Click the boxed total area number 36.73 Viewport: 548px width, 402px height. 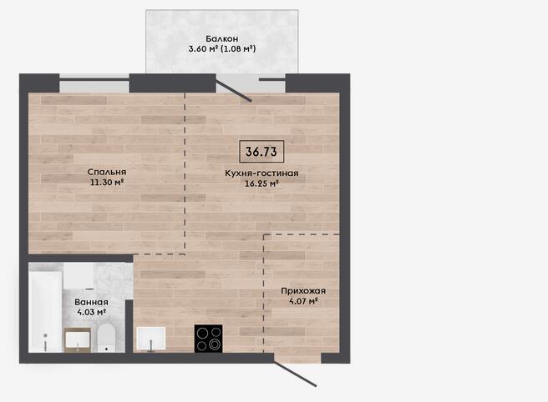[261, 152]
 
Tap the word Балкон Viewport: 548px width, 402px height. [221, 38]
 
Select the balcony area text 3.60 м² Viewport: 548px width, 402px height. [203, 48]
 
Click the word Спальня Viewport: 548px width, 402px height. [107, 172]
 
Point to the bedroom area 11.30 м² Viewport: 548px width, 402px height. [107, 182]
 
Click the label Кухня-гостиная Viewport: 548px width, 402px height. [261, 173]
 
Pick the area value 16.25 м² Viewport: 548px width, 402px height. [261, 183]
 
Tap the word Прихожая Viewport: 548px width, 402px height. [303, 291]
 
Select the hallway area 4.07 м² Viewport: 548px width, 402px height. [303, 301]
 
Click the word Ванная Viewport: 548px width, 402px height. [91, 302]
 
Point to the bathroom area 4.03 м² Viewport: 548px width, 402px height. [91, 312]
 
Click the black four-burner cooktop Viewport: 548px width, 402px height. [208, 339]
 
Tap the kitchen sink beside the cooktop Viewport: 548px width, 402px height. [151, 338]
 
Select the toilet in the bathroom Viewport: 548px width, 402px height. [106, 338]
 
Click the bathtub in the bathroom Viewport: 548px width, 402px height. [45, 312]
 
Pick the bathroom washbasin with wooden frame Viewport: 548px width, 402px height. [78, 340]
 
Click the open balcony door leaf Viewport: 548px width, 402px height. [233, 91]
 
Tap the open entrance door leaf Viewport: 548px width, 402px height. [296, 374]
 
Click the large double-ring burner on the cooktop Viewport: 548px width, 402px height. [215, 345]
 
